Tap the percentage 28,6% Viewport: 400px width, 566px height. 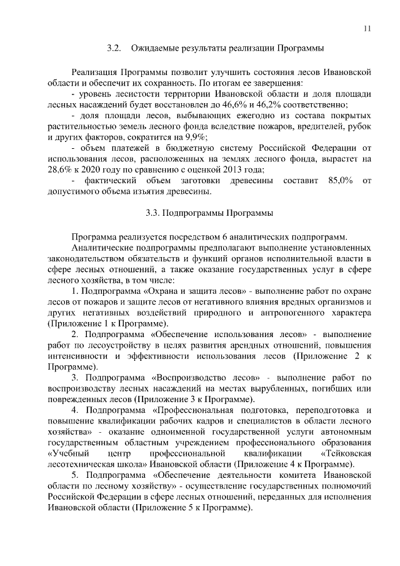pyautogui.click(x=61, y=169)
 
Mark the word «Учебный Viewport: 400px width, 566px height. pyautogui.click(x=69, y=453)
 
